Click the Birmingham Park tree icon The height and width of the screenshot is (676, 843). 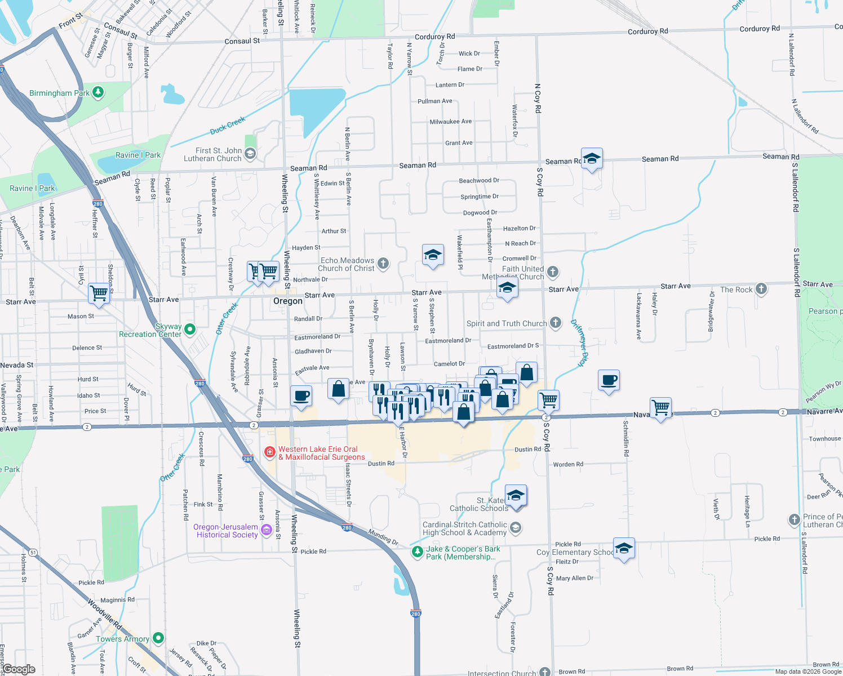98,92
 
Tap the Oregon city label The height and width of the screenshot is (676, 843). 287,301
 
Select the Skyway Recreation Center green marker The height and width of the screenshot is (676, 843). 190,329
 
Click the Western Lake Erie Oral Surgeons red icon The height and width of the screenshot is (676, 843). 270,452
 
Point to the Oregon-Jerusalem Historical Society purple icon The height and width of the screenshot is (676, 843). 266,530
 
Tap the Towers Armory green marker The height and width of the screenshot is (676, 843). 158,638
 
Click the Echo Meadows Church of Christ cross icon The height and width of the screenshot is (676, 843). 383,264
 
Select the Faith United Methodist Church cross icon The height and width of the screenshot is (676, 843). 553,272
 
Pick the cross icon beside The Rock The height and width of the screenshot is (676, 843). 761,289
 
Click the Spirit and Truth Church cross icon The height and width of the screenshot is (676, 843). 556,322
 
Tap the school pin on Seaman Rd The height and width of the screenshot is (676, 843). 592,159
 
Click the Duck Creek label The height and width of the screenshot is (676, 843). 228,126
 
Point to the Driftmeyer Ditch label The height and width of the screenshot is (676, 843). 579,343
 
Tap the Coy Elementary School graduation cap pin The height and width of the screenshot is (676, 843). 624,548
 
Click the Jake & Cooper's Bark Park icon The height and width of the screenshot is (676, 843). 417,552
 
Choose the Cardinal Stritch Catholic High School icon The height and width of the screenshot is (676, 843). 515,528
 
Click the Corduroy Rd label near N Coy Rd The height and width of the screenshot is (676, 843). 647,32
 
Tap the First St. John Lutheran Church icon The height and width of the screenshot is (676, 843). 250,153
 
